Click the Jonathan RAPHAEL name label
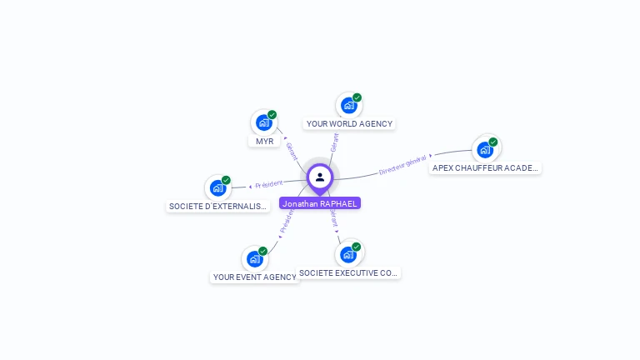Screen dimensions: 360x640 [320, 203]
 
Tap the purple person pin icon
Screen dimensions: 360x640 [320, 177]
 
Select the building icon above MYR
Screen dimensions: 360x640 [264, 122]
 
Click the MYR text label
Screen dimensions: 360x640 [265, 141]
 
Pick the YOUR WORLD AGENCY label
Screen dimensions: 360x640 [349, 123]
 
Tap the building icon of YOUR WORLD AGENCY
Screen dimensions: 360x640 [349, 105]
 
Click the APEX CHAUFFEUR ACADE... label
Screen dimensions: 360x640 [486, 167]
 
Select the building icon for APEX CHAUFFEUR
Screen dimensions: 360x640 [485, 149]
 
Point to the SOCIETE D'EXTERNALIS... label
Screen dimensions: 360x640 [218, 206]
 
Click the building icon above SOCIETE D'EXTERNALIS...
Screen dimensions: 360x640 [217, 187]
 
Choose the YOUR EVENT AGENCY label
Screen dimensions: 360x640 [254, 277]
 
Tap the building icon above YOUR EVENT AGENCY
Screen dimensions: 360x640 [254, 258]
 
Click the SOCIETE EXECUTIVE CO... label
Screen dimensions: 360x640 [349, 272]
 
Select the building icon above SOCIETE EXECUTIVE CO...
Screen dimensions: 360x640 [348, 254]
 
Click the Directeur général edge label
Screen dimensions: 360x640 [403, 164]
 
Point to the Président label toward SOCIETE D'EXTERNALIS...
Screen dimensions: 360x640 [269, 184]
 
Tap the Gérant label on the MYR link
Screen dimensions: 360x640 [292, 151]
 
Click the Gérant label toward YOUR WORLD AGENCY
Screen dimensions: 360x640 [334, 142]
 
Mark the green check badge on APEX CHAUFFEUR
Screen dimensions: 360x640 [493, 142]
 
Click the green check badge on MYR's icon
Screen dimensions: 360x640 [272, 115]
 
